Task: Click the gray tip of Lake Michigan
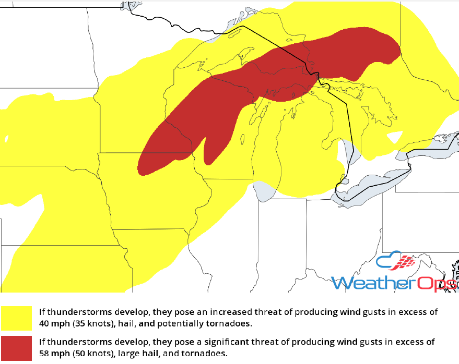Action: click(x=264, y=190)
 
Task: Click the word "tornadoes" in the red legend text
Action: click(x=210, y=353)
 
